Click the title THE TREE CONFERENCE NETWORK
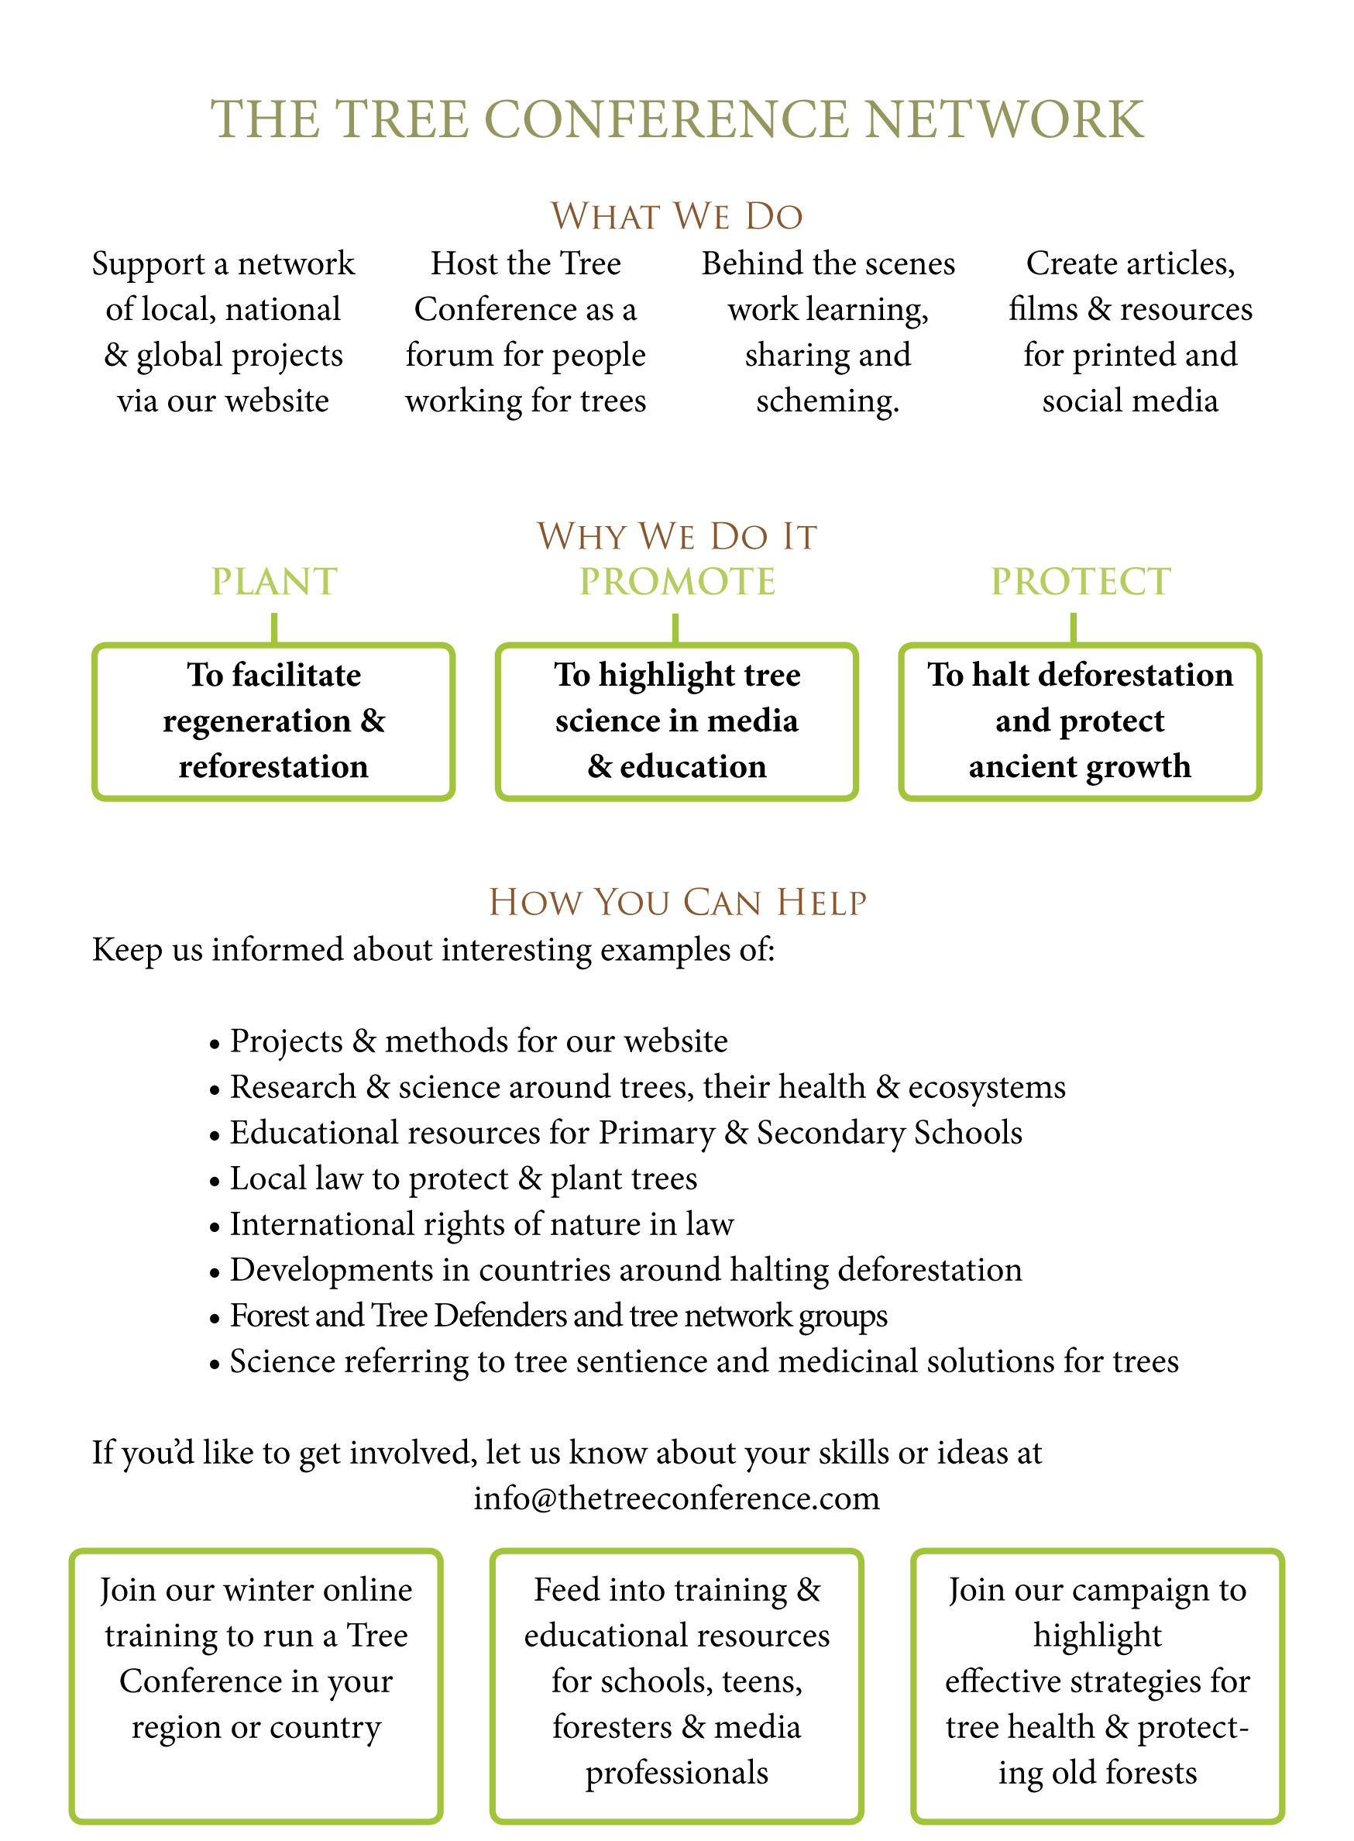tap(677, 119)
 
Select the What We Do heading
tap(677, 216)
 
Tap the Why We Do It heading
tap(677, 537)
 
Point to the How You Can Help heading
tap(677, 903)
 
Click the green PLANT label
tap(273, 582)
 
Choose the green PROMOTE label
tap(677, 582)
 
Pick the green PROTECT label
tap(1081, 582)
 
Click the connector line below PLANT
tap(273, 628)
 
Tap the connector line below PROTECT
tap(1073, 628)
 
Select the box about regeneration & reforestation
tap(273, 721)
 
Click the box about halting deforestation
tap(1081, 721)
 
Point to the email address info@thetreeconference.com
tap(677, 1499)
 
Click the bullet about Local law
tap(463, 1179)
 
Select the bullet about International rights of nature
tap(481, 1224)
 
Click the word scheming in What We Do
tap(827, 401)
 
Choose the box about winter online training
tap(256, 1659)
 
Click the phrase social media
tap(1130, 401)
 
